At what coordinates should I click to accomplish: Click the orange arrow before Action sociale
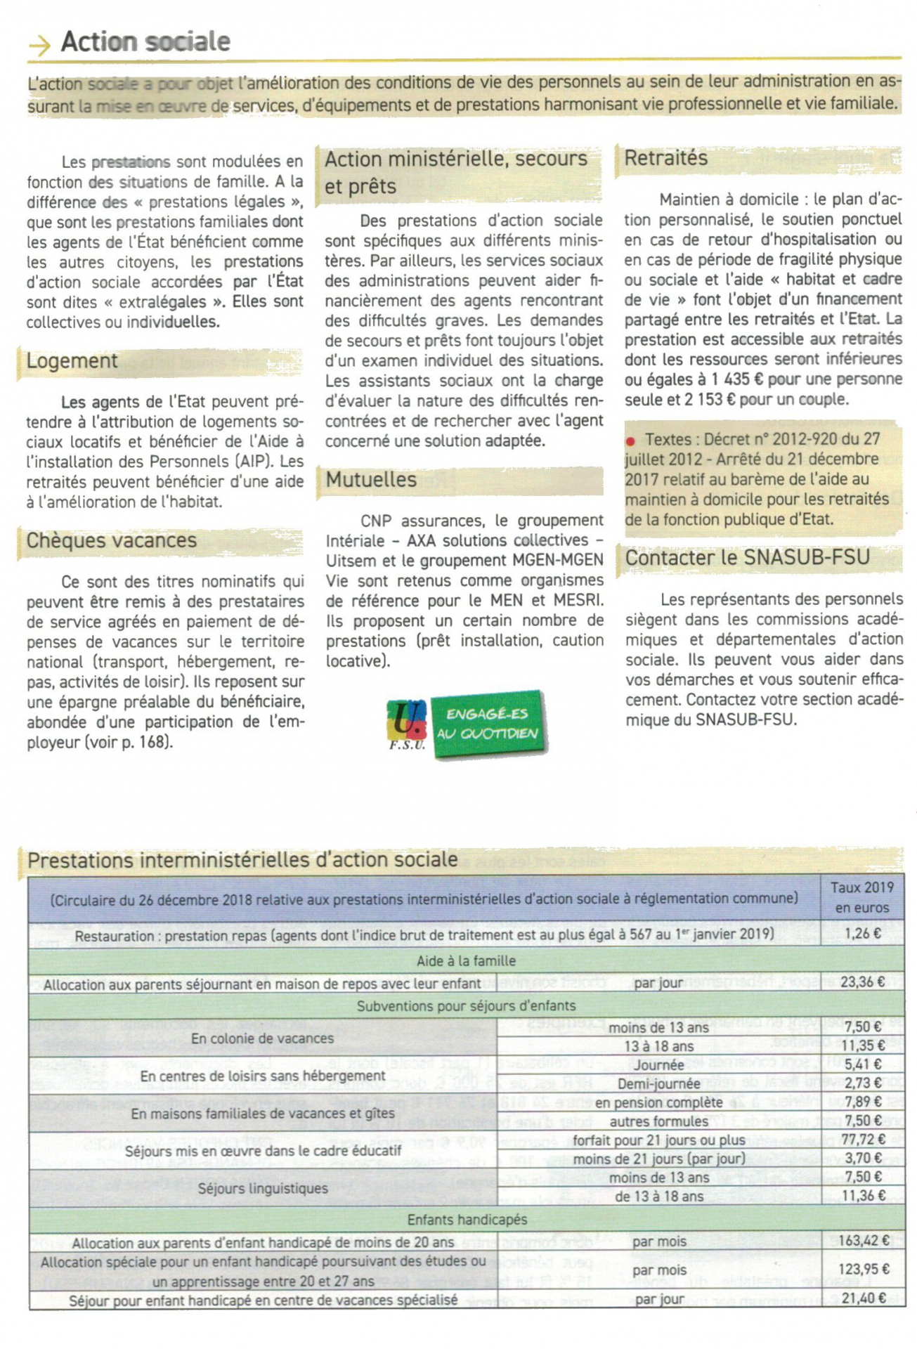coord(39,45)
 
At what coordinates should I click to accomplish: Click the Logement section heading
coord(72,361)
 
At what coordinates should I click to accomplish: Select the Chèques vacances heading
coord(111,541)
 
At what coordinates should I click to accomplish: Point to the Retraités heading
coord(665,159)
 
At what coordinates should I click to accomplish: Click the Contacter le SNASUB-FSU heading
coord(747,558)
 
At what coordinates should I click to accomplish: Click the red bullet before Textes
coord(630,441)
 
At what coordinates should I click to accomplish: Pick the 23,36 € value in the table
coord(862,982)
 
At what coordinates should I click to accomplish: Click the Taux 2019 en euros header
coord(861,897)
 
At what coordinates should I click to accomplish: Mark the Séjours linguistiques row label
coord(263,1188)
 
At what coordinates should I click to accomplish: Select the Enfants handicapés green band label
coord(467,1220)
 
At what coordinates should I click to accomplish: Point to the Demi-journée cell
coord(658,1084)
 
